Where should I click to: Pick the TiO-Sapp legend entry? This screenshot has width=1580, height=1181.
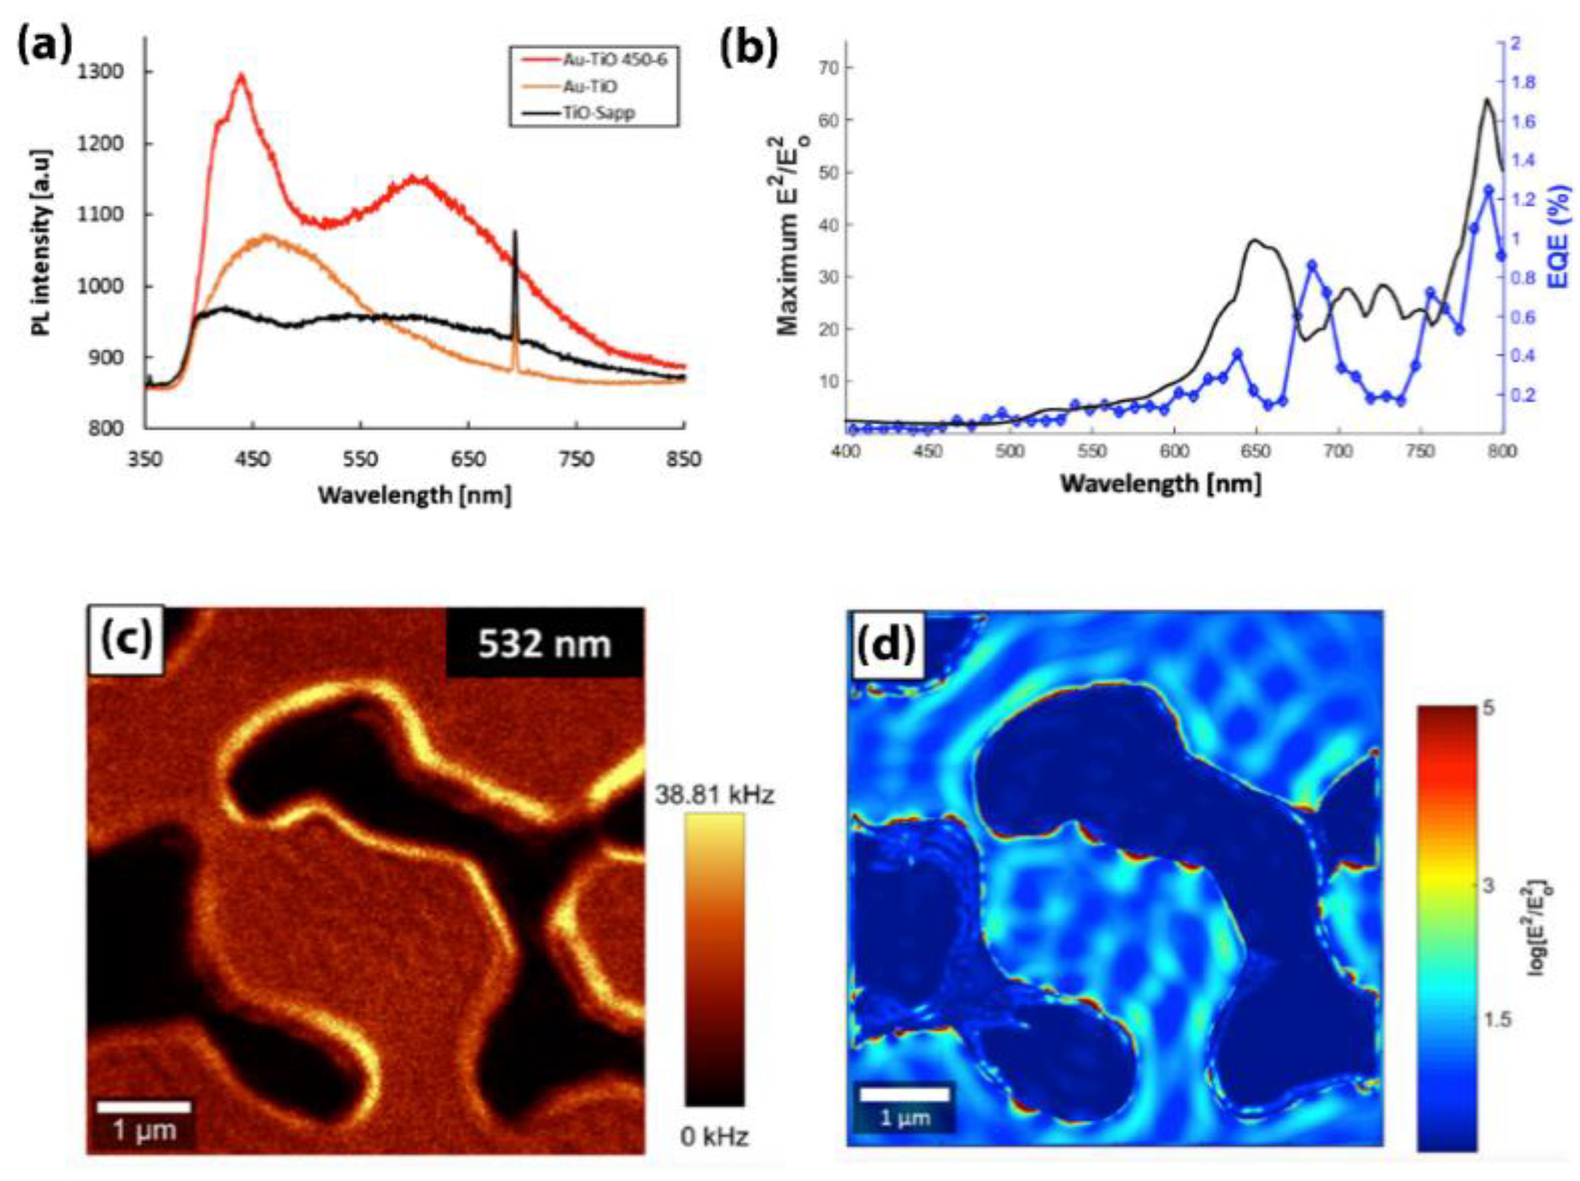coord(598,113)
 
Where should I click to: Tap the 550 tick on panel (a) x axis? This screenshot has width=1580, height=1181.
coord(360,459)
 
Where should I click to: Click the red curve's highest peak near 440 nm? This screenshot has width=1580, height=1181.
coord(241,76)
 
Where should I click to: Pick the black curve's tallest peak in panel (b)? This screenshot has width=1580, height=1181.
coord(1487,100)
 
